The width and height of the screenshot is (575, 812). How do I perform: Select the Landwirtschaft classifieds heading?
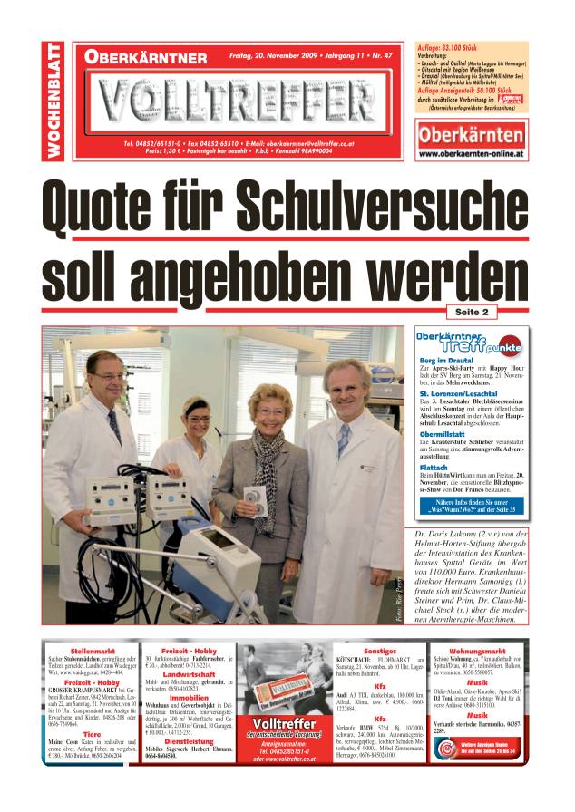coord(189,674)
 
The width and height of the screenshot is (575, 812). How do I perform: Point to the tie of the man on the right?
coord(343,440)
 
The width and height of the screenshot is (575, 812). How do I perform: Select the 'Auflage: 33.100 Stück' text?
coord(453,45)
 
